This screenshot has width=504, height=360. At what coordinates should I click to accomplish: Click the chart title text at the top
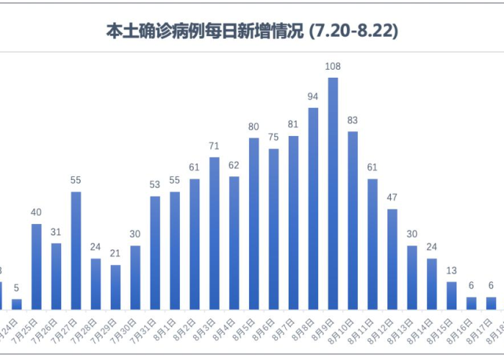point(252,32)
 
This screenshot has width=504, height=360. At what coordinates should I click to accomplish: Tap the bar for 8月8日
point(313,208)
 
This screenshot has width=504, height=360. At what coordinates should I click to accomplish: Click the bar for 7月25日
point(36,266)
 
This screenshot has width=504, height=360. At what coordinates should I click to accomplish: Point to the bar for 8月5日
point(253,223)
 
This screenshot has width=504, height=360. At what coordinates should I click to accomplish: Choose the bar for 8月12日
point(392,258)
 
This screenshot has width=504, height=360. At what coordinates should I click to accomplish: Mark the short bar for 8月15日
point(451,295)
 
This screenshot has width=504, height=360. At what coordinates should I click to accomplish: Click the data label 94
point(313,96)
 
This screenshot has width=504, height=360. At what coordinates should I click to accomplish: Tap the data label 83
point(353,120)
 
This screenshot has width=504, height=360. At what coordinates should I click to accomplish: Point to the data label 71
point(214,146)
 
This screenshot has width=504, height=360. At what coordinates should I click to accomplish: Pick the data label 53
point(155,185)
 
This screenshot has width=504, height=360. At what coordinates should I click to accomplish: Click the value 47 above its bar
point(392,198)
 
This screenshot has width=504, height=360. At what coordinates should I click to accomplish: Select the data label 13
point(451,271)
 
